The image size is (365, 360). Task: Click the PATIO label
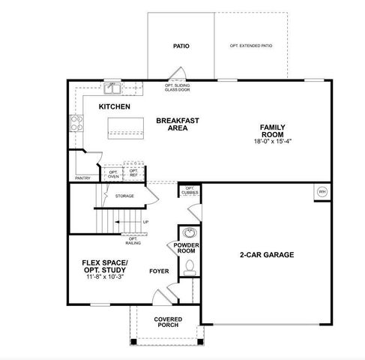pos(181,46)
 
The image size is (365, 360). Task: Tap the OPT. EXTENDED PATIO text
pos(250,46)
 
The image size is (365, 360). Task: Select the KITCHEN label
pos(115,107)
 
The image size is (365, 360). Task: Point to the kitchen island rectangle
pos(124,133)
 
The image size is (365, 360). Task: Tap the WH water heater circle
pos(322,192)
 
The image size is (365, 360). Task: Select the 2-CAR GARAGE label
pos(266,254)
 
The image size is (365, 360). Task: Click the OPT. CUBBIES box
pos(190,190)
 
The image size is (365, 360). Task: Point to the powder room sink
pos(190,233)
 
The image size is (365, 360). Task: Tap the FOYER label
pos(159,271)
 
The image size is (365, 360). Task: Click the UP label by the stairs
pos(145,222)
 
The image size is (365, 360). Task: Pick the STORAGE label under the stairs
pos(124,196)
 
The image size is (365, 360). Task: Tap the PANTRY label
pos(82,178)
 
